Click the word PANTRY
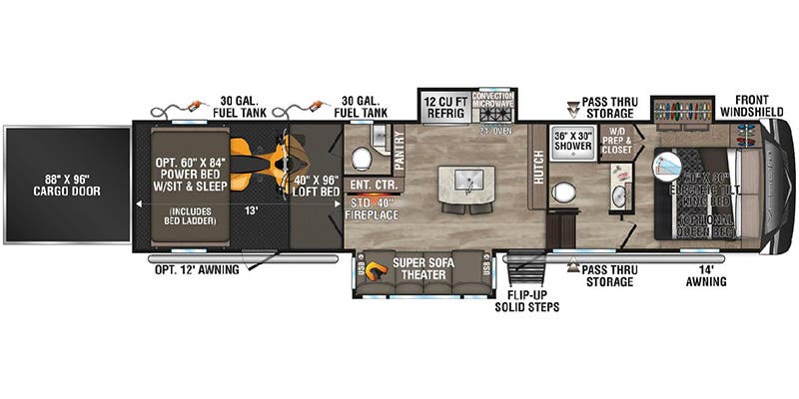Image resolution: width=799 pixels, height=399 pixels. point(398,149)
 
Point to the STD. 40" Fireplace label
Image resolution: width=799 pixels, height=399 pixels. point(372,207)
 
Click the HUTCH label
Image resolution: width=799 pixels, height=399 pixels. point(538,167)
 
